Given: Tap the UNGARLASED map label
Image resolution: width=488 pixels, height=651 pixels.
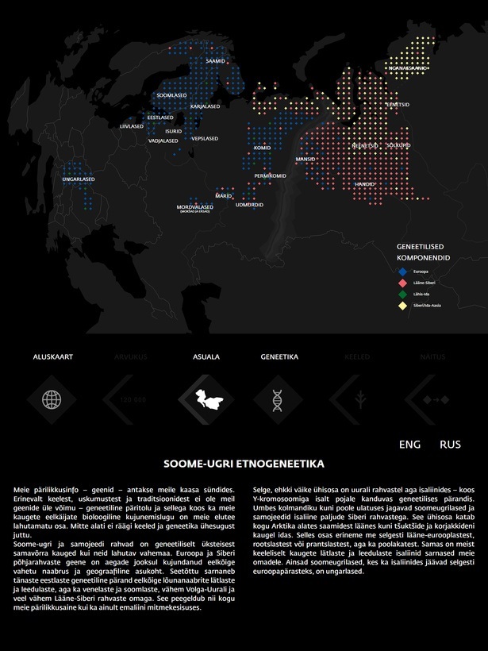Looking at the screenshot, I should pos(79,179).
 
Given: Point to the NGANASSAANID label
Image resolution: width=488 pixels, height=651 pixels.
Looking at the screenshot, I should pos(408,68).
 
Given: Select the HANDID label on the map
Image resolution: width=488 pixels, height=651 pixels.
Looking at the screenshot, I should pos(364,184).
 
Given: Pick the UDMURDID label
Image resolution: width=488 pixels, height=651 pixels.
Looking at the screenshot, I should pos(249,205).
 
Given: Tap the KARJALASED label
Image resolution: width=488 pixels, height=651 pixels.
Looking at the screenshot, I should pos(206,106).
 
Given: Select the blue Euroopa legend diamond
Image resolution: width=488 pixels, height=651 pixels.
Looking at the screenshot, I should pos(402,272).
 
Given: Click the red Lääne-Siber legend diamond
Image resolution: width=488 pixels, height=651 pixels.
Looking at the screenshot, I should pos(402,283).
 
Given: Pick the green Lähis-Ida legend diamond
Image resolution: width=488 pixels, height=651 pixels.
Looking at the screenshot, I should pos(402,294).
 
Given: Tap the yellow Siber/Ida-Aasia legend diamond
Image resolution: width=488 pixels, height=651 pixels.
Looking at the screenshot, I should pos(402,305).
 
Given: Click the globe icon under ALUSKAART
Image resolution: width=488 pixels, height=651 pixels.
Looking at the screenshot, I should pos(52,399).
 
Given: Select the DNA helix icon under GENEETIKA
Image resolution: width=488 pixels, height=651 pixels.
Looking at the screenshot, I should pos(279,399).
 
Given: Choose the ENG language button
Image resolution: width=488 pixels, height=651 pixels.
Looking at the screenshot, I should pos(410,445).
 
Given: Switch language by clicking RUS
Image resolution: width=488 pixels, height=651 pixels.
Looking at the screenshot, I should pos(450,445).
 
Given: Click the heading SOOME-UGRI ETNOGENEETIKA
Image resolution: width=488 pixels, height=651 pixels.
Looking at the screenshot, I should pos(244,462).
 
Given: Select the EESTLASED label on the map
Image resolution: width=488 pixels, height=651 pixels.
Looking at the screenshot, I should pos(160,117).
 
